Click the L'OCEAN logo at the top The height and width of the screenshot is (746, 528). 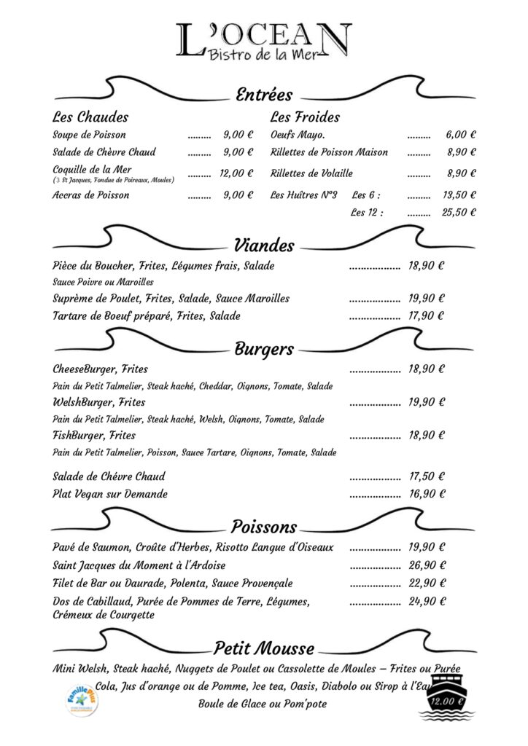point(263,41)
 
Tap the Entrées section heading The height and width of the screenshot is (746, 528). point(263,95)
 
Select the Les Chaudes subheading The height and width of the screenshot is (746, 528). point(90,117)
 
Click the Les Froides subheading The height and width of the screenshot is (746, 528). point(305,117)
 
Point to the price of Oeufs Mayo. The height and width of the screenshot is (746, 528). point(461,135)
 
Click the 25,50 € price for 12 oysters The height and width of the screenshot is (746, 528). point(459,213)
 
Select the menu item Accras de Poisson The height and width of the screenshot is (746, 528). point(91,195)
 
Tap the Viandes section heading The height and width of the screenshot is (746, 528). point(264,246)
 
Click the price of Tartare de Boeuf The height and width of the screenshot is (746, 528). point(427,316)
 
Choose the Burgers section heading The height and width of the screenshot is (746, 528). point(264,349)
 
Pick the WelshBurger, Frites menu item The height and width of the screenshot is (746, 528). point(99,402)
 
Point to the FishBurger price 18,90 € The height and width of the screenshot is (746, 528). point(427,436)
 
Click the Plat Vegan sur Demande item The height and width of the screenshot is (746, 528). point(110,494)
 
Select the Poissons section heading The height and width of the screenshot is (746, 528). point(264,527)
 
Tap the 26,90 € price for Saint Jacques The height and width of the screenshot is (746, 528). point(427,565)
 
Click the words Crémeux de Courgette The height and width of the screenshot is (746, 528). point(104,615)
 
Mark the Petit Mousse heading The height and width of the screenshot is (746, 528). point(264,648)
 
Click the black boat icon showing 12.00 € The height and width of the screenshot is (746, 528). point(446,697)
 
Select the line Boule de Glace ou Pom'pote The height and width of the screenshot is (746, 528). point(263,704)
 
